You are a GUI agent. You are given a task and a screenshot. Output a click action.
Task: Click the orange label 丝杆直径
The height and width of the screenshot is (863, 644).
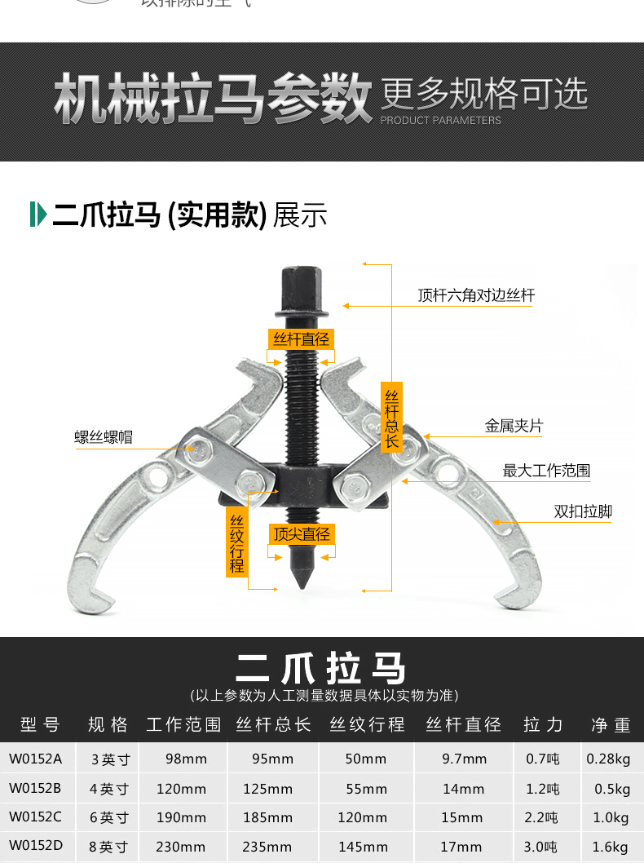pyautogui.click(x=301, y=339)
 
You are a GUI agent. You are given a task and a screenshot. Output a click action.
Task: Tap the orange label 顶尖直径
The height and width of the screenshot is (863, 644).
pyautogui.click(x=302, y=534)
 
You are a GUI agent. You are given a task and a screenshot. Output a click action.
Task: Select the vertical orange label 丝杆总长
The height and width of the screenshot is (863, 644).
pyautogui.click(x=391, y=417)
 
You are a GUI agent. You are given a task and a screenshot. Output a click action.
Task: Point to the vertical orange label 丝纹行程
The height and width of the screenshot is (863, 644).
pyautogui.click(x=236, y=542)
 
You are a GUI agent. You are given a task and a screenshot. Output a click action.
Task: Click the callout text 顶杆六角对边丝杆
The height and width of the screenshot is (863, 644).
pyautogui.click(x=476, y=295)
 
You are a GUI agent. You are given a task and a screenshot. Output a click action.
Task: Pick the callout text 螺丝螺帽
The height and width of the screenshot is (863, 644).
pyautogui.click(x=103, y=437)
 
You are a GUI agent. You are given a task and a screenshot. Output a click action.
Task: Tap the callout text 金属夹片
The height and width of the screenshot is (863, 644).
pyautogui.click(x=514, y=426)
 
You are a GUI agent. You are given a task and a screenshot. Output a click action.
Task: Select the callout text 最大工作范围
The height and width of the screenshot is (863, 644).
pyautogui.click(x=546, y=471)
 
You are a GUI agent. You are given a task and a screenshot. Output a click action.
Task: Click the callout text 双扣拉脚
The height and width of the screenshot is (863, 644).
pyautogui.click(x=583, y=511)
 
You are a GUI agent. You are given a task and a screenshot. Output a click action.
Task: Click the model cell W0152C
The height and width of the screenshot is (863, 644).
pyautogui.click(x=36, y=817)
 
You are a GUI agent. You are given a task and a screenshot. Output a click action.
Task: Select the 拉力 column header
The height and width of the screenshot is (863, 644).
pyautogui.click(x=543, y=724)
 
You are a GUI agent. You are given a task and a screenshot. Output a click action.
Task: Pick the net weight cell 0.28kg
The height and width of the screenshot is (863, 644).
pyautogui.click(x=608, y=759)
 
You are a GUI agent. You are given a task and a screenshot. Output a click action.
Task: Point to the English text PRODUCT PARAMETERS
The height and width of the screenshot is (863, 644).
pyautogui.click(x=441, y=120)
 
